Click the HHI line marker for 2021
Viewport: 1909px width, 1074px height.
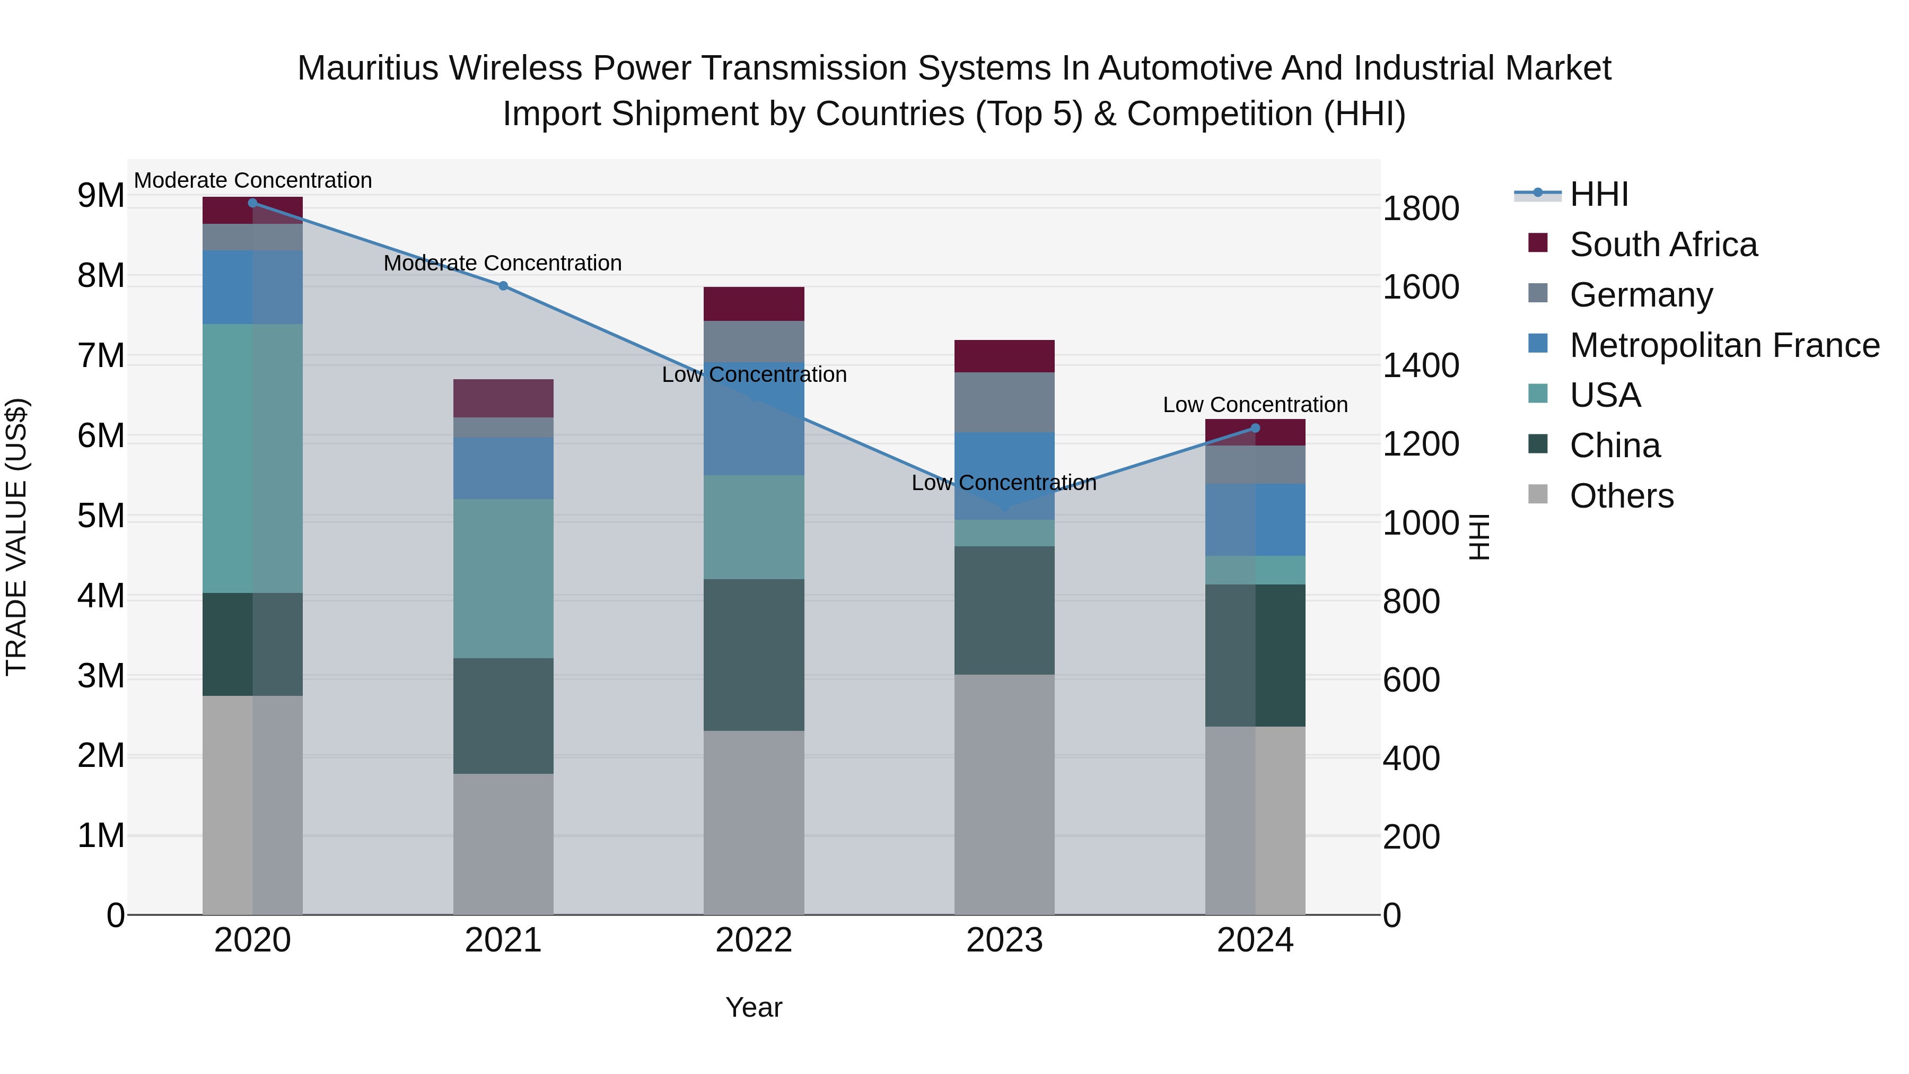[x=503, y=286]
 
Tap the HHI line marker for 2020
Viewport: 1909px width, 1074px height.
[x=253, y=203]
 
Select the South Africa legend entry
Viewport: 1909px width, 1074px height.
[x=1662, y=245]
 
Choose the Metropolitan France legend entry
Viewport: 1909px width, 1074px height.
[x=1724, y=345]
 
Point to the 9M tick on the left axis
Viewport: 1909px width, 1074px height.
[x=101, y=196]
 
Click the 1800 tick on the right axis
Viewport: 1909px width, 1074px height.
[x=1421, y=208]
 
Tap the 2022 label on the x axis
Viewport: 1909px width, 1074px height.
[x=754, y=940]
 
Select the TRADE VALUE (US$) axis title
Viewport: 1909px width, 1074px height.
[x=17, y=537]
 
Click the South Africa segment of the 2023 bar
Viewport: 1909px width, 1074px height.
[x=1004, y=356]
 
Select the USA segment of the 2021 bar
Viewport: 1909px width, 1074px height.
[x=503, y=579]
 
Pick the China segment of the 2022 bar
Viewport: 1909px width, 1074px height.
[x=754, y=655]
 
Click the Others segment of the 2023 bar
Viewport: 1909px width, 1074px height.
[x=1004, y=794]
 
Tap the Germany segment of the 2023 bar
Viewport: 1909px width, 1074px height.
[x=1004, y=403]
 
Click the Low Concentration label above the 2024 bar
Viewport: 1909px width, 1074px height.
[x=1255, y=405]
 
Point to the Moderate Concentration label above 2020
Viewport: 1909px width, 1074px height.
[x=253, y=181]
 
